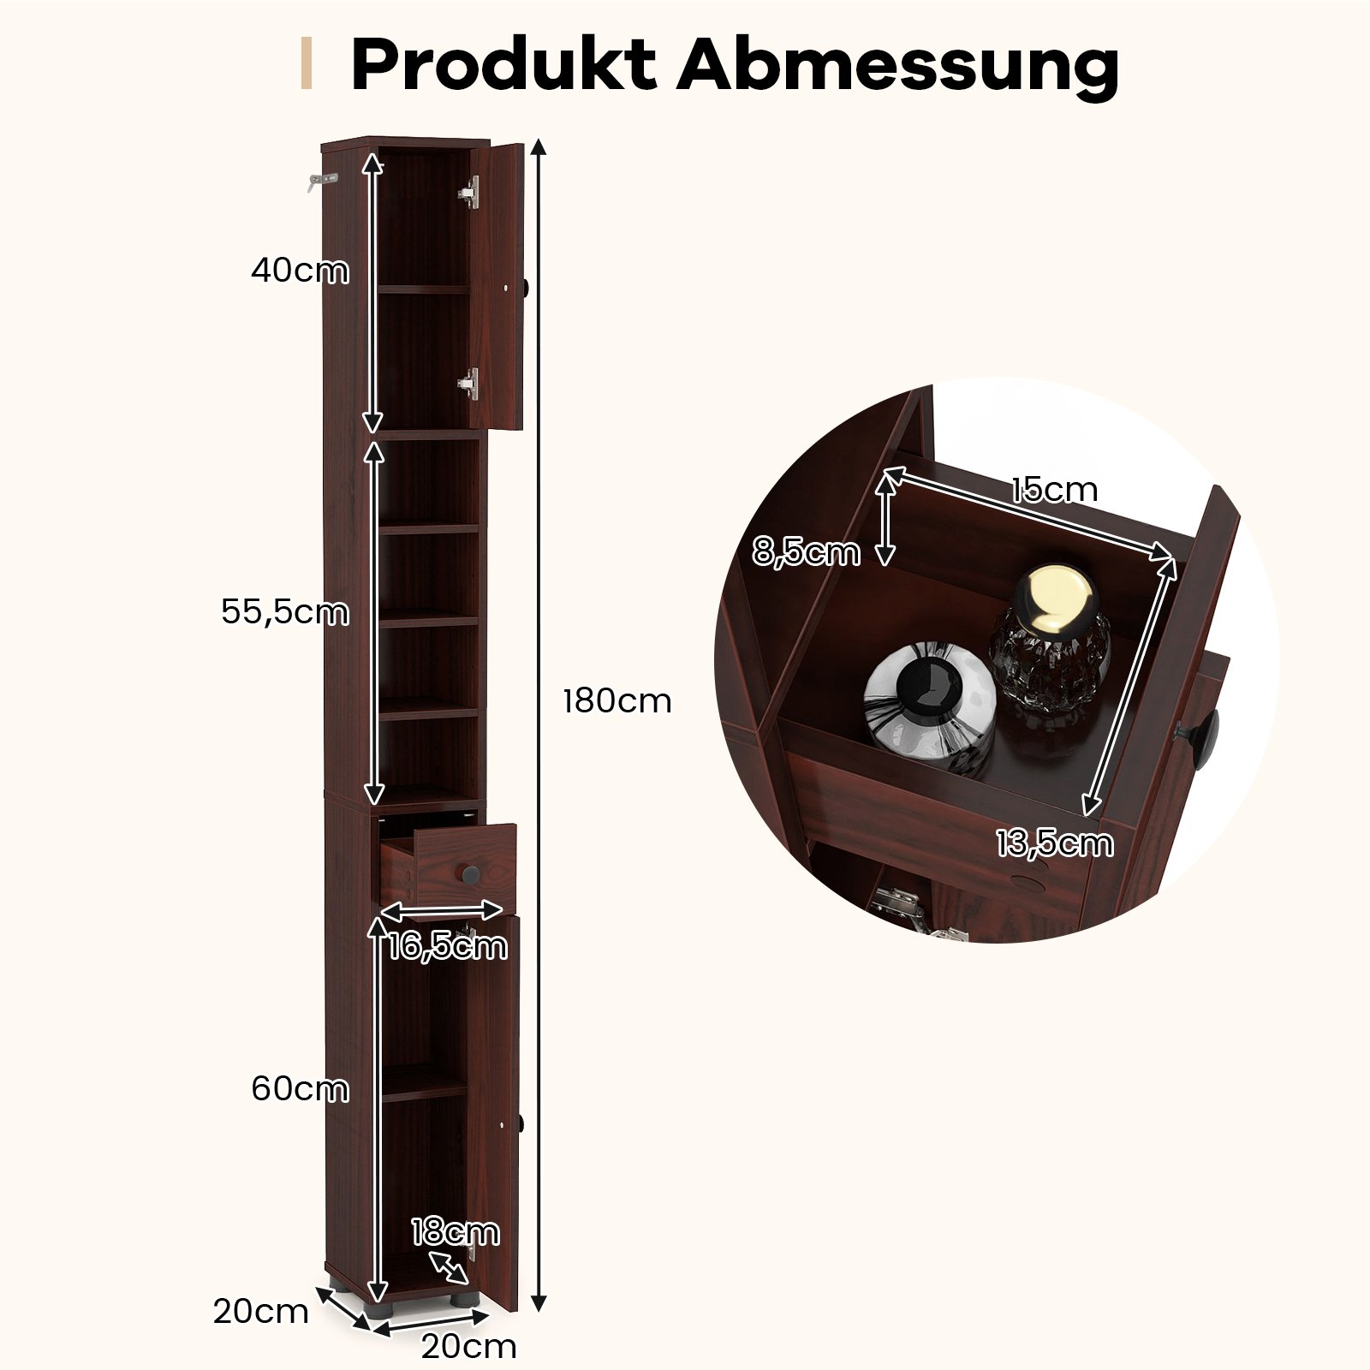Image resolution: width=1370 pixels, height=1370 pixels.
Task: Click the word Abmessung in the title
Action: (x=897, y=65)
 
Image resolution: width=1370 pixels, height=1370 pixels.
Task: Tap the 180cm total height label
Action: (x=616, y=701)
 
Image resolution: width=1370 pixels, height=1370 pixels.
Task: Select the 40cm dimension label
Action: (x=300, y=271)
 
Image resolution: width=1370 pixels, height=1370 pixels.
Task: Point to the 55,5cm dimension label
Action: (x=284, y=612)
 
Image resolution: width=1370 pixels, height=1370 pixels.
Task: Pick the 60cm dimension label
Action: (x=300, y=1089)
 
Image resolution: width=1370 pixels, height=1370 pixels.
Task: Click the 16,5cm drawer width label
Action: (x=447, y=946)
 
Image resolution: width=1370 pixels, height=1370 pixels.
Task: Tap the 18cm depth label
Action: (x=455, y=1231)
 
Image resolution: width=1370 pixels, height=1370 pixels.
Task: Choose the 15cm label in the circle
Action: (x=1053, y=490)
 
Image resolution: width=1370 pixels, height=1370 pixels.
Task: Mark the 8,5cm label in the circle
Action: (x=806, y=552)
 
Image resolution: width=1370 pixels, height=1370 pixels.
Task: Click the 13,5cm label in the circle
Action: (x=1054, y=843)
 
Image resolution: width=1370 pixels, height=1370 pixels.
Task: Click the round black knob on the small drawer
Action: (x=470, y=875)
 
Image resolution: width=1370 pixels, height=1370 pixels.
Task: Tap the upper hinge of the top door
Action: (x=470, y=193)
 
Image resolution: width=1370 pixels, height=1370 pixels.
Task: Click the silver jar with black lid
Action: (x=929, y=704)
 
